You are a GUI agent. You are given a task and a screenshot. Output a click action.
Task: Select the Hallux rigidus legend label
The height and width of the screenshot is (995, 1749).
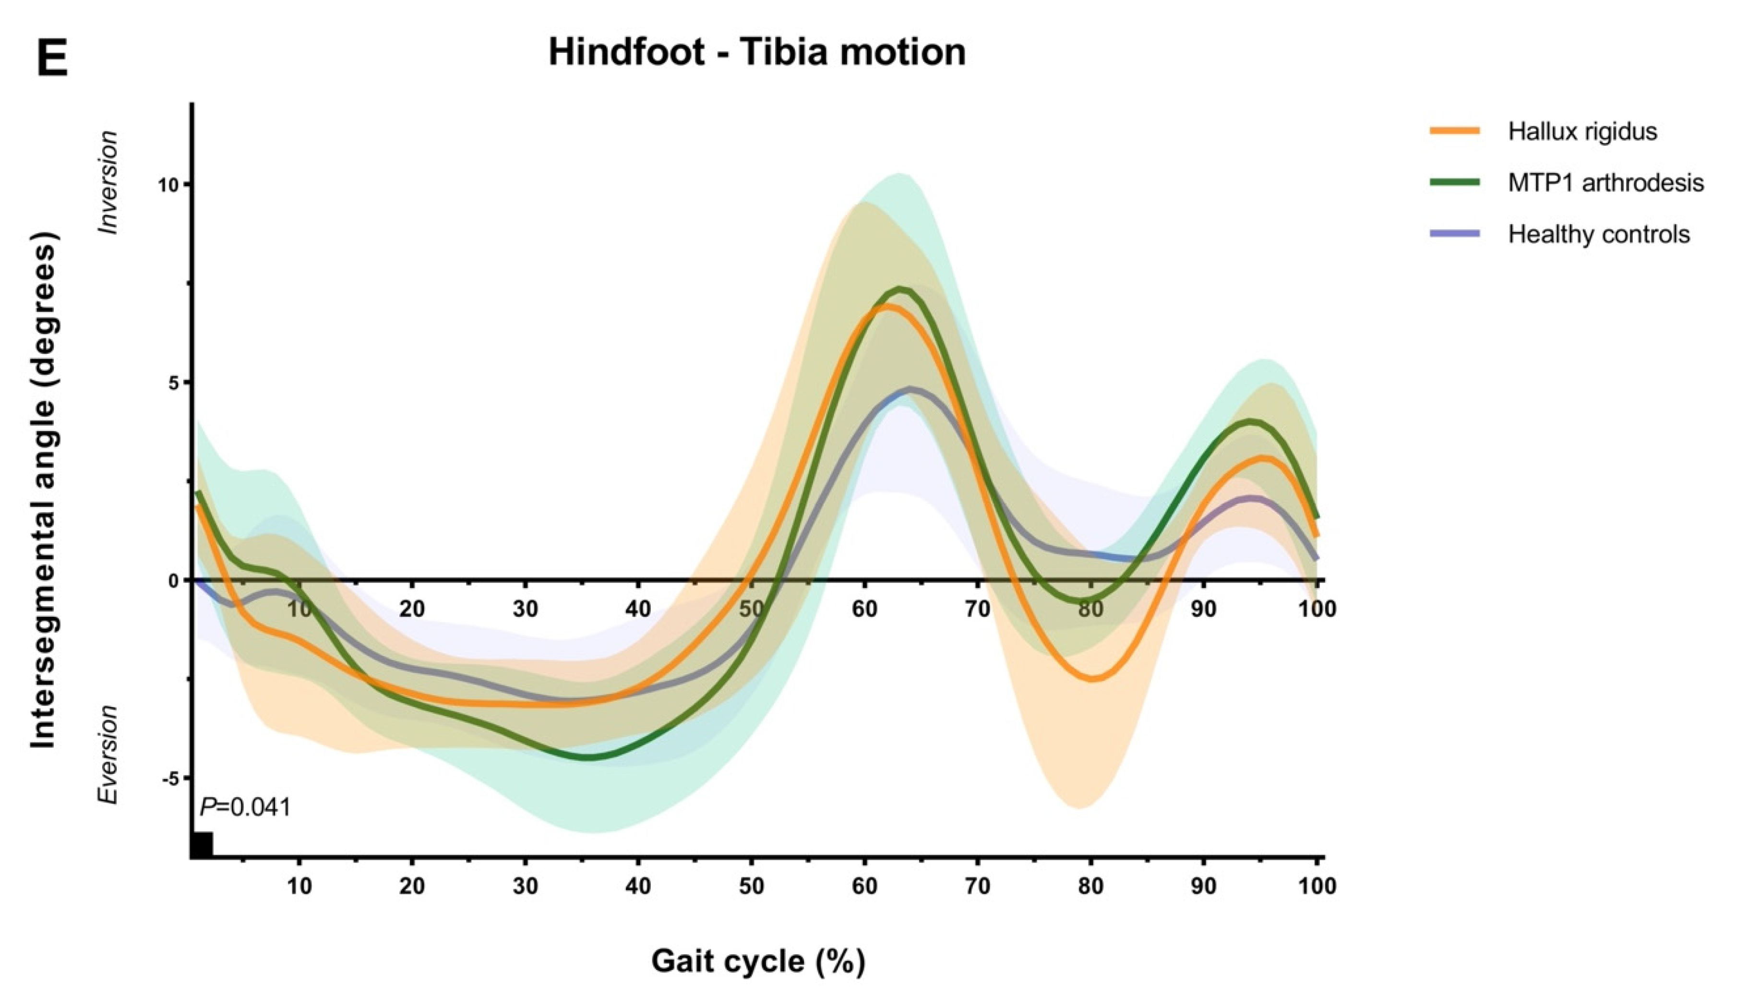point(1582,131)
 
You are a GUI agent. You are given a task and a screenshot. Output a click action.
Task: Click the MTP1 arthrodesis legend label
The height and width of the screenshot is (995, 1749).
point(1605,182)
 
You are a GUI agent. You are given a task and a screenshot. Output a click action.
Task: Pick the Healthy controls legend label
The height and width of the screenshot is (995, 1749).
point(1599,234)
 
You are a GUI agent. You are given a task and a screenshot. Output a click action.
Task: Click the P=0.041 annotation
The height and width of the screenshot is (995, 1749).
point(245,807)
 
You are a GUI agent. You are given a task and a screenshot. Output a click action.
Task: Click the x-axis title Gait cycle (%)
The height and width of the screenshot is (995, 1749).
point(758,961)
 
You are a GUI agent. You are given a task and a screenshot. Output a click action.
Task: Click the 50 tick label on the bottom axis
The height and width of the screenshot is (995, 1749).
point(752,887)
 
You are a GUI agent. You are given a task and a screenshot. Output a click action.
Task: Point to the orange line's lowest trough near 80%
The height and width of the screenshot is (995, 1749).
point(1092,679)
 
